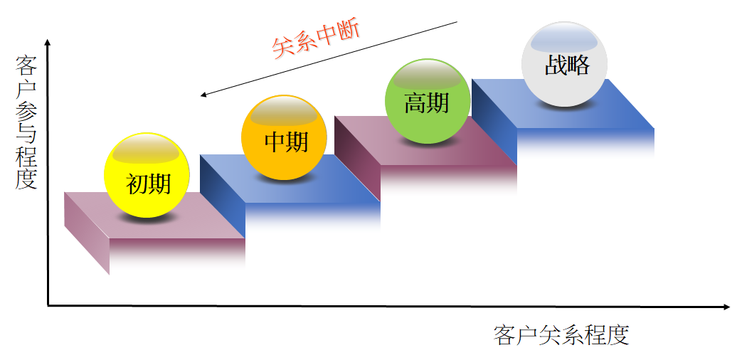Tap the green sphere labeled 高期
[427, 100]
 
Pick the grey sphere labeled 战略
[566, 64]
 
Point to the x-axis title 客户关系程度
[561, 334]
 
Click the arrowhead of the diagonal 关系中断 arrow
[203, 94]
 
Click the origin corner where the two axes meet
[48, 306]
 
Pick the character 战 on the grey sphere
[555, 65]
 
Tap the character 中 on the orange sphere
[274, 142]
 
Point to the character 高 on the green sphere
[415, 104]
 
